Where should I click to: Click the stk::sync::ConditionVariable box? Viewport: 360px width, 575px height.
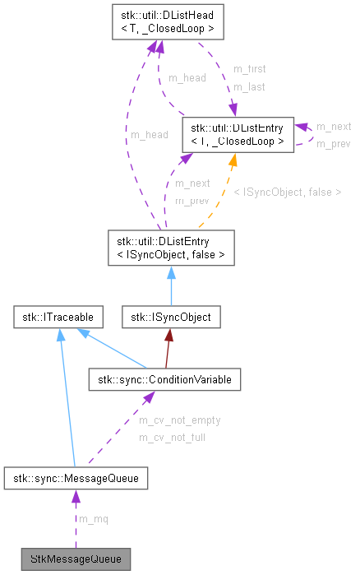pos(164,379)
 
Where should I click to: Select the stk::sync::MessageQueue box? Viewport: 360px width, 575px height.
pos(76,477)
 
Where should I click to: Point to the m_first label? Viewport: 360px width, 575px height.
pos(249,69)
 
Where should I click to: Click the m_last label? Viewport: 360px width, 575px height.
pos(248,86)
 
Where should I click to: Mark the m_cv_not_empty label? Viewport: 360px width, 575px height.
pos(179,420)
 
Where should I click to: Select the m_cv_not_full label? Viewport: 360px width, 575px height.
pos(172,438)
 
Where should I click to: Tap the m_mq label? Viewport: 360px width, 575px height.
pos(92,519)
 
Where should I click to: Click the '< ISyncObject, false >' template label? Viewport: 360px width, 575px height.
pos(287,192)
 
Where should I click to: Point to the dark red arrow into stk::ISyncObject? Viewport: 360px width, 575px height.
pos(167,346)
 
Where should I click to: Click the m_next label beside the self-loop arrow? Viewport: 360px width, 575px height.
pos(334,126)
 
